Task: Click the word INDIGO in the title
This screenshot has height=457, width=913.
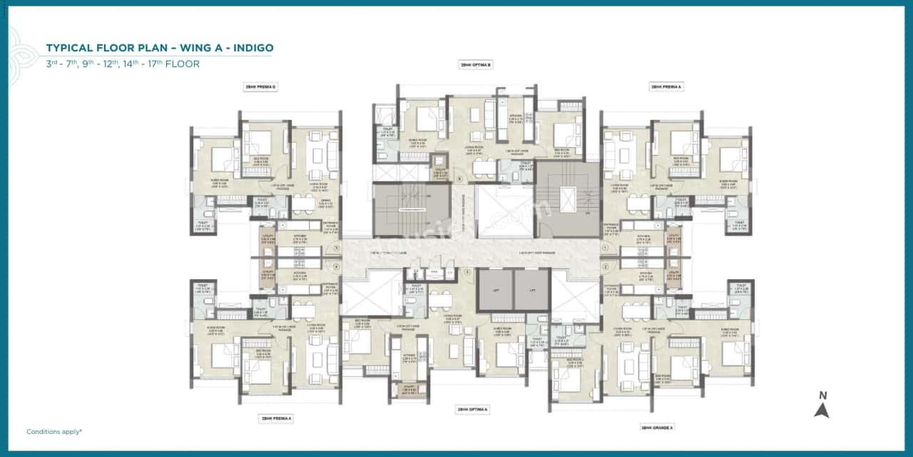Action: [250, 48]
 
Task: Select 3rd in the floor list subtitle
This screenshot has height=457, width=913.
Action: [52, 64]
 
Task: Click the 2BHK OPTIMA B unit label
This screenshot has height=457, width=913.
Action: [476, 64]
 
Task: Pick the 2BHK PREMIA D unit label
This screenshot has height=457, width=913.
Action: [260, 86]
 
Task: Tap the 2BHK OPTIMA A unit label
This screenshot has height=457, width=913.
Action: [471, 410]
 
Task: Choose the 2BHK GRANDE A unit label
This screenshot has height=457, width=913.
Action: [657, 427]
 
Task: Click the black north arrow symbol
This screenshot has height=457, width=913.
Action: [822, 410]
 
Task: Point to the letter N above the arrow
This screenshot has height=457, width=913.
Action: [822, 395]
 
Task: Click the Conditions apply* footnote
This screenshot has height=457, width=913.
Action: [54, 432]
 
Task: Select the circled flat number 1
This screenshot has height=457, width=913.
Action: [604, 248]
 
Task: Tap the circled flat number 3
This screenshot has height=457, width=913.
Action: [467, 272]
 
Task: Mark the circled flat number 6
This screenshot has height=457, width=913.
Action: [459, 179]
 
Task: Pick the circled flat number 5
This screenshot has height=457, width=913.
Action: [336, 248]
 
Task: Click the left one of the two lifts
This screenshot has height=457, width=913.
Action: [495, 290]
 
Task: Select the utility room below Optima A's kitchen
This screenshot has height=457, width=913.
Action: [408, 390]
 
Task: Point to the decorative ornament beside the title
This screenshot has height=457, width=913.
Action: [16, 54]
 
